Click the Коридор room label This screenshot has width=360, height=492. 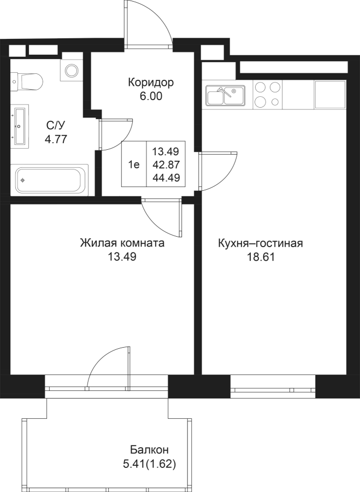(151, 83)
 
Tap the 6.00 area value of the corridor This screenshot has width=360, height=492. (151, 97)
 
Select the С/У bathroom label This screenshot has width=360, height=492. (56, 126)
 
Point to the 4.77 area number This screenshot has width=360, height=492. (56, 139)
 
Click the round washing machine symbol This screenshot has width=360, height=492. (72, 71)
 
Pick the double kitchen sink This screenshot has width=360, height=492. (225, 95)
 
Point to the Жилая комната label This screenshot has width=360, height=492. (122, 243)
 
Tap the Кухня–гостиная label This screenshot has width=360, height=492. (261, 243)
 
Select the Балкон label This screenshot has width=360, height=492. (150, 450)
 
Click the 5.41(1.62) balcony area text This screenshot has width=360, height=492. (149, 464)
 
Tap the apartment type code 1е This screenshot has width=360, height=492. (134, 165)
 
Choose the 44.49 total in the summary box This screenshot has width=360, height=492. (166, 178)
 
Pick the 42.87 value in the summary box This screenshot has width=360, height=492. (166, 165)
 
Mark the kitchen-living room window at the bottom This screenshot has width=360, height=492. (273, 387)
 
